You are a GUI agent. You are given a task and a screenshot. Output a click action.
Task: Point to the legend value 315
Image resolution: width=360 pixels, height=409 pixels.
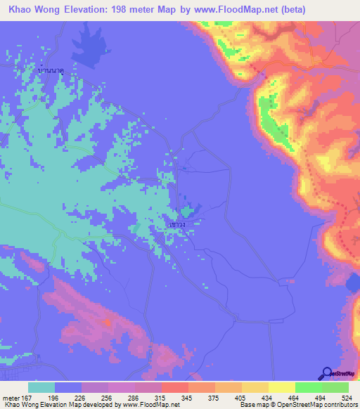(x=167, y=397)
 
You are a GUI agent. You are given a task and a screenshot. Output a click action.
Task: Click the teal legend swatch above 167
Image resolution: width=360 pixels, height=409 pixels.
(x=41, y=387)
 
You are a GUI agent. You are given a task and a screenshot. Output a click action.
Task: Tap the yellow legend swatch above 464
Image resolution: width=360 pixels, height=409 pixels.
(x=282, y=387)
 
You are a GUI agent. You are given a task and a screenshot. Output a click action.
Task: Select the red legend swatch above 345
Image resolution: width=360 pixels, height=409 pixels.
(x=175, y=387)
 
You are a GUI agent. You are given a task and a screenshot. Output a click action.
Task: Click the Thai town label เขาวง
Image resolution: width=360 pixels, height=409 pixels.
(x=177, y=224)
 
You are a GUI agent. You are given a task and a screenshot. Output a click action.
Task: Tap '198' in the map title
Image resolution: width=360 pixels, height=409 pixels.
(x=128, y=11)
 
